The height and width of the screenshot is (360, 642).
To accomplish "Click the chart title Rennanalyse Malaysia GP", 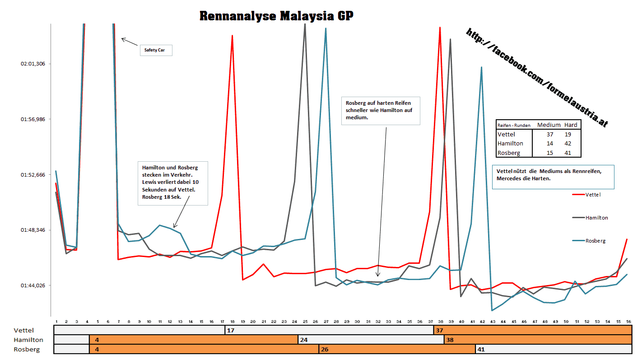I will (276, 16).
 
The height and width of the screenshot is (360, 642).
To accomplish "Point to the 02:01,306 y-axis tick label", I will (33, 64).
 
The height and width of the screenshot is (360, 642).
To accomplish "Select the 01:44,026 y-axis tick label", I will (33, 285).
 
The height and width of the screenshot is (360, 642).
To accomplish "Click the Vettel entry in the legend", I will (593, 195).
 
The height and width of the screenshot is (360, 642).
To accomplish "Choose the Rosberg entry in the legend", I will (595, 241).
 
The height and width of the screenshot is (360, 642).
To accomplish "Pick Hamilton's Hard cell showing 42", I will (568, 144).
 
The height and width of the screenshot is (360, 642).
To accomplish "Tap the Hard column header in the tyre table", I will (571, 125).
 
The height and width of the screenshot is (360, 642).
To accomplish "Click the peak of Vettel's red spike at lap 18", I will (232, 36).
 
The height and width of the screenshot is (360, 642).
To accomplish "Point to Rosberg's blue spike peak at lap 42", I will (482, 67).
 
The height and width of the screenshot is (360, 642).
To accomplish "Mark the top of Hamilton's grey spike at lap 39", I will (450, 39).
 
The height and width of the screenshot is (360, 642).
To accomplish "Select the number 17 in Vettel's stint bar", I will (230, 330).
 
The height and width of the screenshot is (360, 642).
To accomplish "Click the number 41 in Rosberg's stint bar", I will (481, 349).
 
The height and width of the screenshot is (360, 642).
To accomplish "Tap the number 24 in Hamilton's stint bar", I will (304, 340).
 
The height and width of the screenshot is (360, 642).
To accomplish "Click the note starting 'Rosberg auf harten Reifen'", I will (381, 110).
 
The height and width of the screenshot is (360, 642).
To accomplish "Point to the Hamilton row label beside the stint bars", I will (28, 340).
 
